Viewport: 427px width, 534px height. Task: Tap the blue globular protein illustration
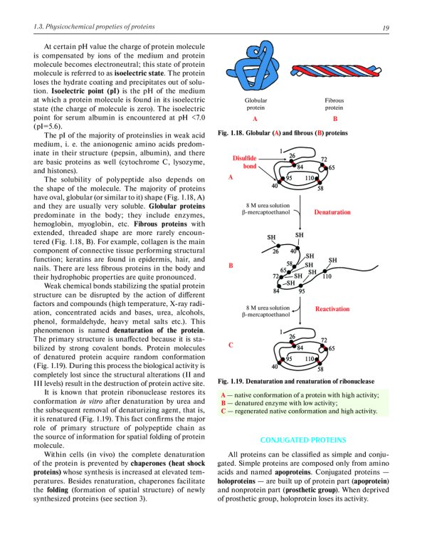255,70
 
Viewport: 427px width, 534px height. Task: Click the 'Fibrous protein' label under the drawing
334,104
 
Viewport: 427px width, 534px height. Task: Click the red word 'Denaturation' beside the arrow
332,212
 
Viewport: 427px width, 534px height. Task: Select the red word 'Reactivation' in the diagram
332,309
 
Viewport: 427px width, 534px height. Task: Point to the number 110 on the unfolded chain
327,276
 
